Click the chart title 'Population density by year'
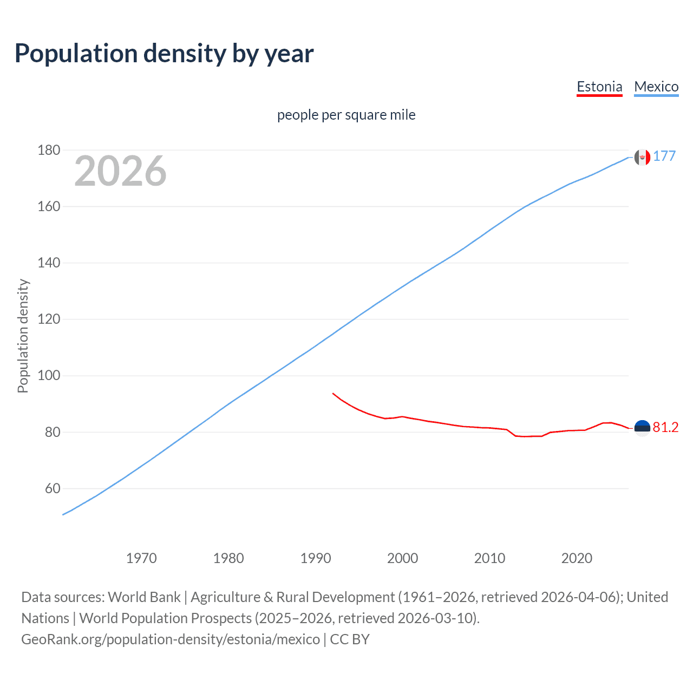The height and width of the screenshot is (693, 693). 164,54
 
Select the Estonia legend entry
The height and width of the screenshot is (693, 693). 599,87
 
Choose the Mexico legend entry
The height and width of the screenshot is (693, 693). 656,87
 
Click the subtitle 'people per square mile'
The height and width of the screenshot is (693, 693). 346,115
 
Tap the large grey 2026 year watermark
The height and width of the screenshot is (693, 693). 120,171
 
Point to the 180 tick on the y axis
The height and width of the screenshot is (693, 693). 49,150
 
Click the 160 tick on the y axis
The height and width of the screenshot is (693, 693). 49,206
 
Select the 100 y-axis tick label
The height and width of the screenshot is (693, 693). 49,376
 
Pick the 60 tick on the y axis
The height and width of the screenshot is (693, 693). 53,488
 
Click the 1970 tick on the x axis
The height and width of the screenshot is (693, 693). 141,558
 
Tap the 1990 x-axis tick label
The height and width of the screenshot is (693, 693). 316,558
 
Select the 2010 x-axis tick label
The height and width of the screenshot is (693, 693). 489,558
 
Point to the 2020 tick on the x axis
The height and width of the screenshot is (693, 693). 577,558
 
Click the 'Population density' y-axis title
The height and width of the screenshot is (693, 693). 23,336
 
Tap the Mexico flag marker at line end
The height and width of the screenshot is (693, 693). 642,157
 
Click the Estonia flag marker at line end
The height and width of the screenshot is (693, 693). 642,428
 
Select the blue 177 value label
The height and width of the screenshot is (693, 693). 664,156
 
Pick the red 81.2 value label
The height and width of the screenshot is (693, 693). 665,428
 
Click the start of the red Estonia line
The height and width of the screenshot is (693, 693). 333,394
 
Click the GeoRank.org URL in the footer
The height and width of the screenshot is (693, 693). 171,639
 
